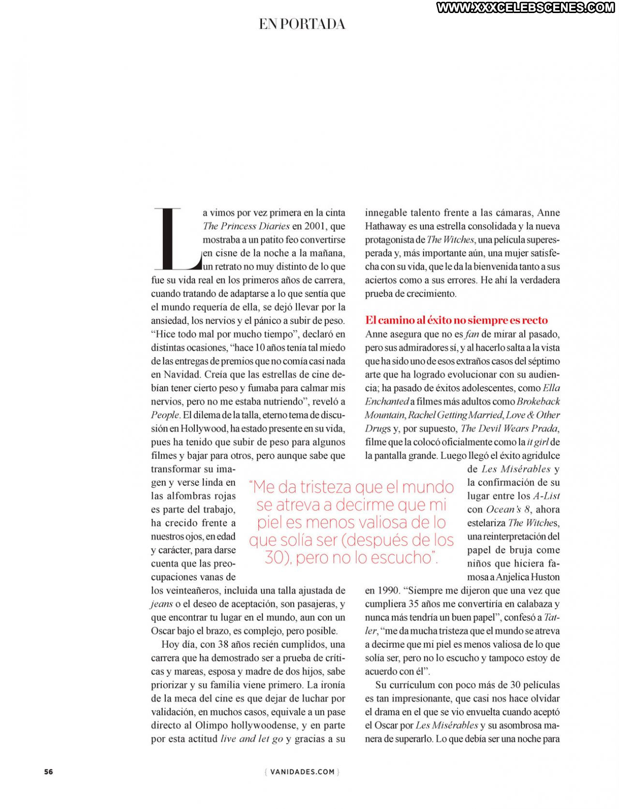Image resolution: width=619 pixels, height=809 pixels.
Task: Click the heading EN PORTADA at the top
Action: click(x=302, y=24)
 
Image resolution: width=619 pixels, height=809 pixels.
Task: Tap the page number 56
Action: click(x=48, y=771)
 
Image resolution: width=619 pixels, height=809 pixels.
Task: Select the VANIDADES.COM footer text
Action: click(x=302, y=772)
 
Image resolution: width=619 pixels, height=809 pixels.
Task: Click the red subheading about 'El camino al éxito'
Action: click(x=456, y=320)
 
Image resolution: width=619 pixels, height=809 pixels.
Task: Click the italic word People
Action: click(x=165, y=415)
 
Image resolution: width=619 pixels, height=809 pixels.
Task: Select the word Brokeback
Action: click(x=538, y=401)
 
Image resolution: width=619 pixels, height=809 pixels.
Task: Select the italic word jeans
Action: click(x=162, y=604)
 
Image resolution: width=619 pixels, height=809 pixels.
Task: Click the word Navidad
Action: click(x=182, y=374)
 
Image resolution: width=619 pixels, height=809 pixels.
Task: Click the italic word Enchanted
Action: click(x=387, y=401)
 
